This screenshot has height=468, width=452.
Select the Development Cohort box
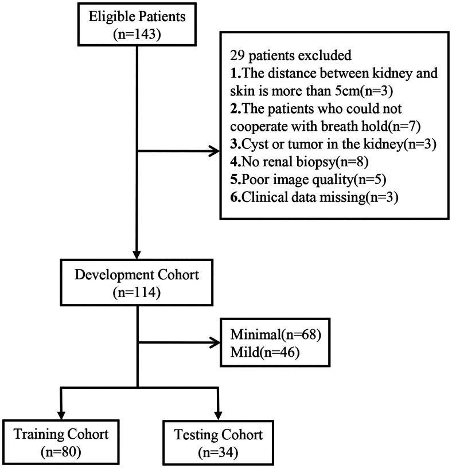(x=137, y=283)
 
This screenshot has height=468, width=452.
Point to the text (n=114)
(x=137, y=292)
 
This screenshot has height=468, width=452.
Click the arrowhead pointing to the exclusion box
(x=214, y=152)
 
